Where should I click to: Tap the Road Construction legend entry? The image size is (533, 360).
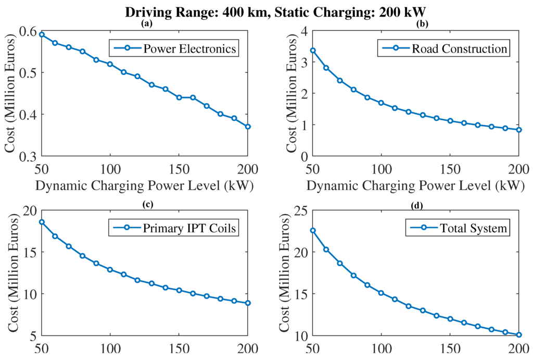coord(443,49)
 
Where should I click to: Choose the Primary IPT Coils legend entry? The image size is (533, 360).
coord(174,228)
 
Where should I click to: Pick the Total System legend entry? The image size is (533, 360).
coord(457,228)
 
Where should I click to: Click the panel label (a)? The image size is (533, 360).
coord(147,24)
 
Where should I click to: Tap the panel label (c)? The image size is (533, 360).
coord(147,203)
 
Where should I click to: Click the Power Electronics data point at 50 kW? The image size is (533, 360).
coord(42,34)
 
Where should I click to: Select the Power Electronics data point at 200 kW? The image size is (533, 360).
coord(248,127)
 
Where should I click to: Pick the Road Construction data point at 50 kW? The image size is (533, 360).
coord(313,51)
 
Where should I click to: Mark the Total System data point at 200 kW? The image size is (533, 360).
coord(519,335)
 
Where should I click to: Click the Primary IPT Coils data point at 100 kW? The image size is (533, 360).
coord(110,269)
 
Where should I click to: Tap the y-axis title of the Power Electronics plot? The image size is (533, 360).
coord(11,94)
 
